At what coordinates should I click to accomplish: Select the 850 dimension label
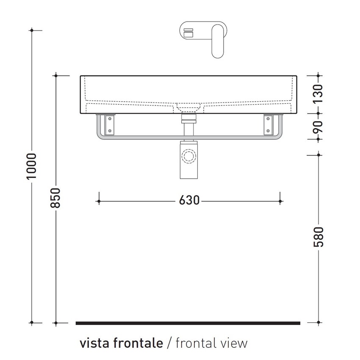click(x=56, y=197)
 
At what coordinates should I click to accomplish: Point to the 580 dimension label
click(x=318, y=237)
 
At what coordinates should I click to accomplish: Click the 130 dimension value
click(x=318, y=94)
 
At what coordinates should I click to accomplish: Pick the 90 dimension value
click(x=318, y=127)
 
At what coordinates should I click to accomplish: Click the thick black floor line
click(x=188, y=323)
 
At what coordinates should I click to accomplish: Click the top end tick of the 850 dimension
click(x=56, y=76)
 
